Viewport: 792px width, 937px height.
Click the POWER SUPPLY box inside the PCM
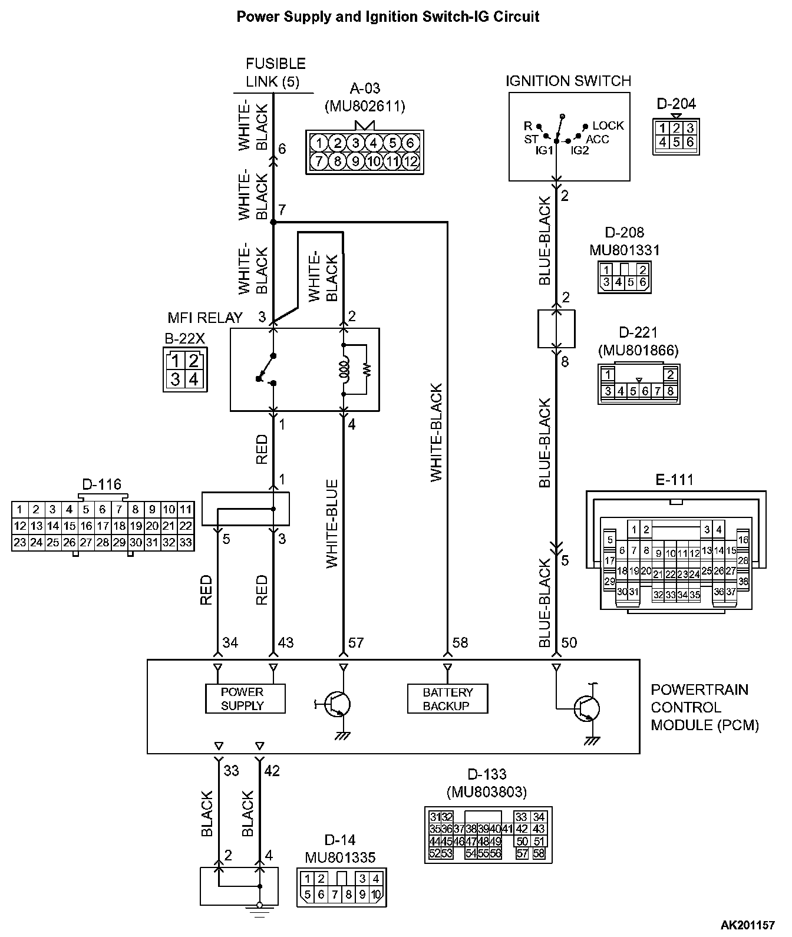pos(245,698)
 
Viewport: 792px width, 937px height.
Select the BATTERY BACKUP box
pos(448,698)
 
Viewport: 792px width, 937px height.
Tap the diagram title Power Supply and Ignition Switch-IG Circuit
pos(388,17)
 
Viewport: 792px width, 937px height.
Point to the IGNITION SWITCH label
pos(568,81)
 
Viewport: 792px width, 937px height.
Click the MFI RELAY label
pos(205,318)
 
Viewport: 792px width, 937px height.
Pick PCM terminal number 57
pos(356,642)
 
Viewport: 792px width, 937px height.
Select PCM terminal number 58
pos(460,642)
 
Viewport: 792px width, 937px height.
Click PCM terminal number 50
pos(569,642)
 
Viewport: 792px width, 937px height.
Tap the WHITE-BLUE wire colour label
pos(332,524)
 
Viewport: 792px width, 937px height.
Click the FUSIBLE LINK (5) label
pos(275,72)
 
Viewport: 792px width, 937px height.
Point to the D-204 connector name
pos(676,104)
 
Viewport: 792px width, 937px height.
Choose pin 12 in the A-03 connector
pos(411,161)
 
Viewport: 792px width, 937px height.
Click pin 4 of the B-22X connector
pos(193,379)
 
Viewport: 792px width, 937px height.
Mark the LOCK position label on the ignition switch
pos(608,126)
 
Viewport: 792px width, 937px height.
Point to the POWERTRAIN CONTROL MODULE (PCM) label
pos(705,707)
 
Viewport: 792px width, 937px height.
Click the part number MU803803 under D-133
pos(486,791)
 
